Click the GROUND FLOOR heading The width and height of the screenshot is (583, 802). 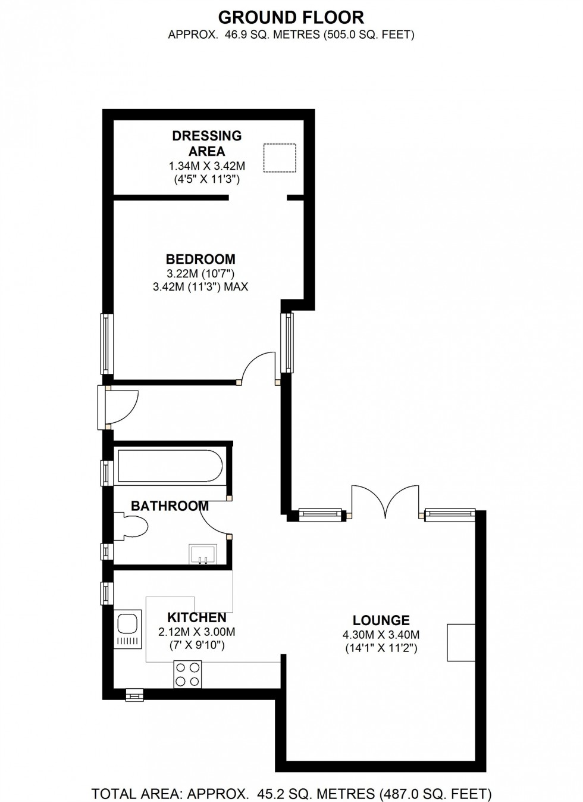click(291, 17)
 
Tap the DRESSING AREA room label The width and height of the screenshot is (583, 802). click(207, 143)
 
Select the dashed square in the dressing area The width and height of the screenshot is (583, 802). click(280, 158)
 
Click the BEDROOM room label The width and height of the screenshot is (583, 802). click(200, 259)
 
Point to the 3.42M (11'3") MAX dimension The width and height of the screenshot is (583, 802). click(200, 287)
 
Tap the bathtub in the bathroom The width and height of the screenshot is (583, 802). click(170, 466)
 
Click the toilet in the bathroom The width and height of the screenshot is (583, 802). click(134, 528)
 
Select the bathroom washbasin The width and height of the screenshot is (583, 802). click(203, 554)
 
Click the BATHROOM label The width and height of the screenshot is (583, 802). click(170, 506)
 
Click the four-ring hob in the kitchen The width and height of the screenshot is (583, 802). click(187, 675)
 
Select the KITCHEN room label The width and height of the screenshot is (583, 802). click(196, 617)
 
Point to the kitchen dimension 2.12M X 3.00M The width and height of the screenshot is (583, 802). click(196, 632)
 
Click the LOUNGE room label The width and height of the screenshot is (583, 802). click(381, 620)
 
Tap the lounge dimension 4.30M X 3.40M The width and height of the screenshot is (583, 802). click(381, 635)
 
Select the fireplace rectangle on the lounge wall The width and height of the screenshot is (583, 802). click(461, 642)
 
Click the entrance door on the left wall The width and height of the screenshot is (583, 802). click(121, 407)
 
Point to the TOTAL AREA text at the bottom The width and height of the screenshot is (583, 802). click(291, 794)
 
